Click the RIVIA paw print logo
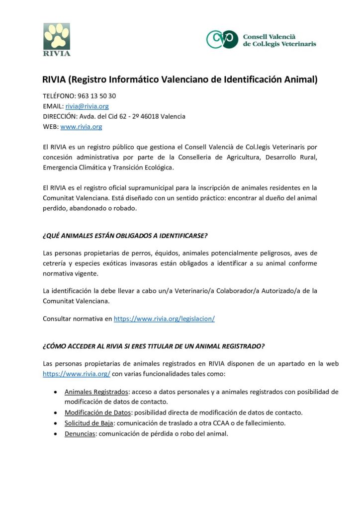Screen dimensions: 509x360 [x=57, y=39]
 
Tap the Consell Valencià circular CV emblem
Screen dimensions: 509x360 [x=222, y=39]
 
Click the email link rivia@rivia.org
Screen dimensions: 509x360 [x=87, y=106]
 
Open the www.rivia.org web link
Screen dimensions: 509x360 [x=81, y=127]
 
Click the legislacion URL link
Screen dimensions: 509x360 [x=164, y=319]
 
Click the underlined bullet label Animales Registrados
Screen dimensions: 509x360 [x=96, y=392]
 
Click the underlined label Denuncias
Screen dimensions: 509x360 [x=80, y=433]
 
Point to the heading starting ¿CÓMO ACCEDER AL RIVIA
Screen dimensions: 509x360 [x=153, y=345]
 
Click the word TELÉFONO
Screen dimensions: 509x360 [x=59, y=96]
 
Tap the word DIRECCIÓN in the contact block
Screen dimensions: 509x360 [x=60, y=116]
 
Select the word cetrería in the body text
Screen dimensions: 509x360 [x=56, y=263]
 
